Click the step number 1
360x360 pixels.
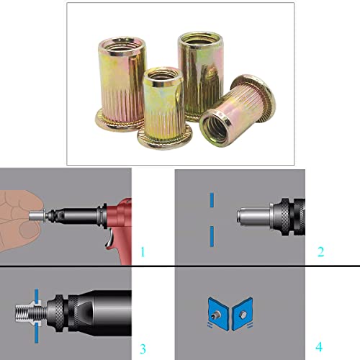click(143, 252)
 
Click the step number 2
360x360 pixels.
click(320, 252)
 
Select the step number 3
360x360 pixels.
click(143, 349)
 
